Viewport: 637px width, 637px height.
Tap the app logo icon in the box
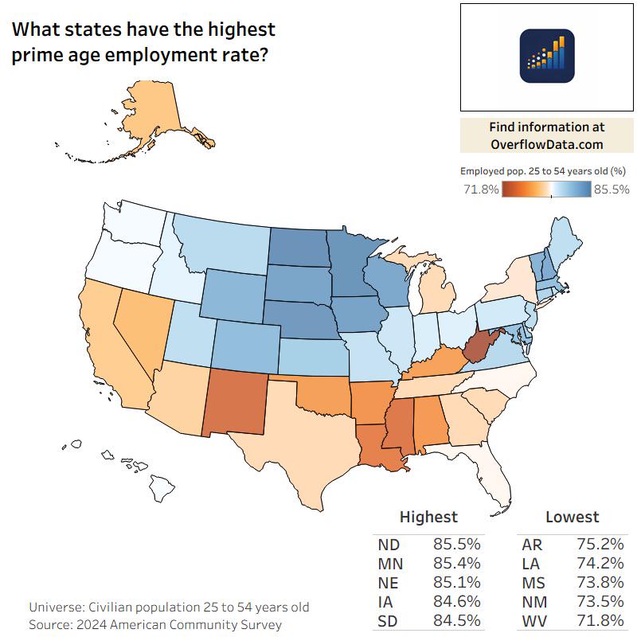tap(547, 56)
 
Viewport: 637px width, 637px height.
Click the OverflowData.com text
tap(546, 144)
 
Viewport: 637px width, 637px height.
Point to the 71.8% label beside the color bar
tap(480, 190)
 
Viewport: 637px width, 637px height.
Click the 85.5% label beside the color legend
tap(612, 190)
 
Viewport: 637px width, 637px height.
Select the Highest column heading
tap(428, 517)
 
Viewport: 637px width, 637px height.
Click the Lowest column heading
tap(572, 517)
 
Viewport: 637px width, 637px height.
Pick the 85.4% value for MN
tap(457, 564)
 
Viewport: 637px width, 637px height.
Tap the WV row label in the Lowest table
tap(533, 621)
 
